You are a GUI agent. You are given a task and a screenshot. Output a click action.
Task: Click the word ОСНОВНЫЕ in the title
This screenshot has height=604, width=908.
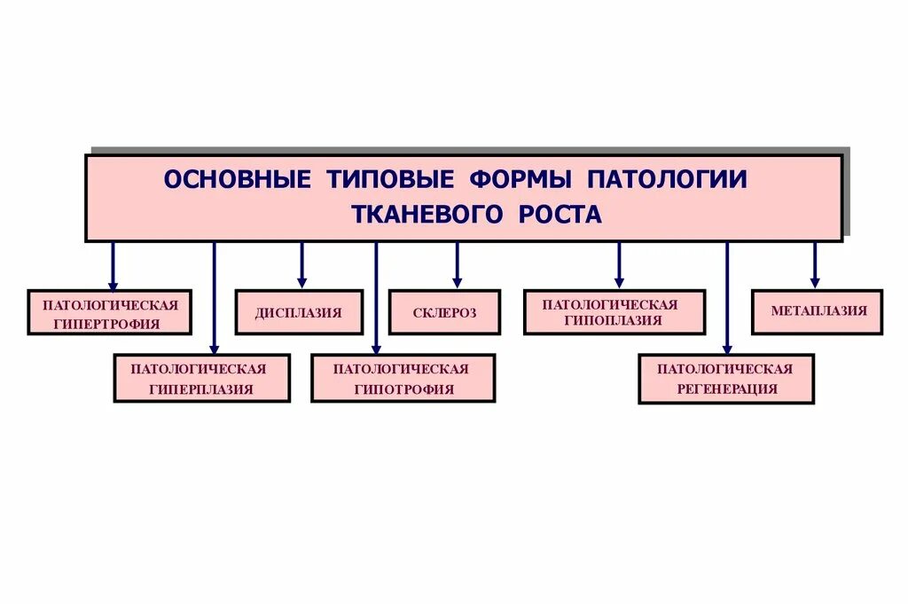237,179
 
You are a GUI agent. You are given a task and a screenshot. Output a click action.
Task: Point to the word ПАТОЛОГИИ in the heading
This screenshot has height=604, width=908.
667,179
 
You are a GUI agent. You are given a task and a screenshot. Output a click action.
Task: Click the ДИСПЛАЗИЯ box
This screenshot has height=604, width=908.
298,313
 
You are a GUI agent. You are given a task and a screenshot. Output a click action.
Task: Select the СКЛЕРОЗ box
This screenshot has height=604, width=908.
444,313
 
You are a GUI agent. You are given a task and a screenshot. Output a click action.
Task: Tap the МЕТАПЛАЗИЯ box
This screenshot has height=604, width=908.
818,311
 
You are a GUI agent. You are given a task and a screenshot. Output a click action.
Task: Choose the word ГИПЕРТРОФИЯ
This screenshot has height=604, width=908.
109,325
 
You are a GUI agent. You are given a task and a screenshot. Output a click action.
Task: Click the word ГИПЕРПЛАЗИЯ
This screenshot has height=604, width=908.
201,389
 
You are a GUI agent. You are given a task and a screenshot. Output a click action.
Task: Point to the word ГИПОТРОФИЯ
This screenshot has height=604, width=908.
403,389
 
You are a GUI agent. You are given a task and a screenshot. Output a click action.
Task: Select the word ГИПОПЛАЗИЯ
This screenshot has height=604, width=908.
614,321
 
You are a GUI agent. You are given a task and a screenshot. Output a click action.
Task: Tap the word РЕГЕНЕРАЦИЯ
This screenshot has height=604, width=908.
726,389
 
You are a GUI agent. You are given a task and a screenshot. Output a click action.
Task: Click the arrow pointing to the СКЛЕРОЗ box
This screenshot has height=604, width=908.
457,265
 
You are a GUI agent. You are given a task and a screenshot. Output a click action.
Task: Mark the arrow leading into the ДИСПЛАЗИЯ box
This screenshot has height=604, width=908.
301,265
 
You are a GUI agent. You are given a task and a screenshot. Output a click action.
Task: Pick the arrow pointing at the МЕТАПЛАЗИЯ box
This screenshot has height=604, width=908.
815,265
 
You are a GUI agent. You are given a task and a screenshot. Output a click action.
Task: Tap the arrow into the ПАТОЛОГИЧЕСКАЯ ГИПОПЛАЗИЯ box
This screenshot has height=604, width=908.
619,265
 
